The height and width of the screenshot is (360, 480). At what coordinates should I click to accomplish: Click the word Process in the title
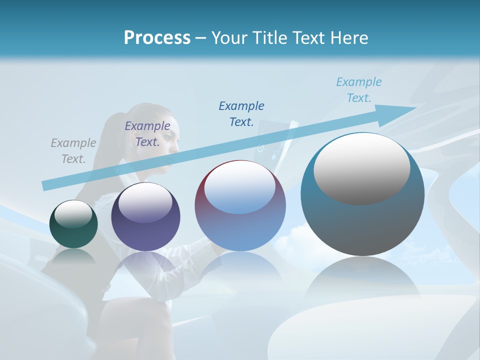157,38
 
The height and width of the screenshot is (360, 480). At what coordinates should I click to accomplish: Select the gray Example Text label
73,150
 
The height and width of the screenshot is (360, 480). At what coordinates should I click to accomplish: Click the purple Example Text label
147,133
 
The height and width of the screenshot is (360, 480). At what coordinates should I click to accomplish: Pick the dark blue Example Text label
241,113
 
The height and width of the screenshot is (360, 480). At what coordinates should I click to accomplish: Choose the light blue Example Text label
359,90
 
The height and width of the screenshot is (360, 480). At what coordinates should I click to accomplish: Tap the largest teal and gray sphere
362,220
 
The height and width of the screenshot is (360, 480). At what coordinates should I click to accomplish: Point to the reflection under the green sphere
73,257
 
